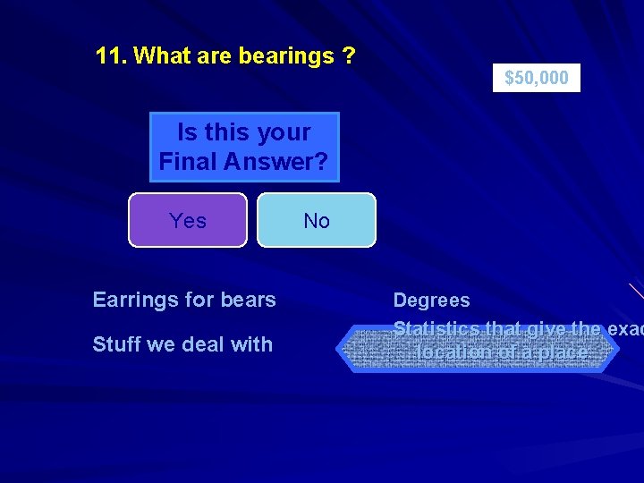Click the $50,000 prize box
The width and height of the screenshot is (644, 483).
click(x=537, y=78)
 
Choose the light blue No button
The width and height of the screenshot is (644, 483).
click(x=317, y=221)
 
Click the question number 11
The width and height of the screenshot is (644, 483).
click(x=112, y=56)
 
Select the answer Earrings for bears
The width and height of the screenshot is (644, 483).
click(x=184, y=300)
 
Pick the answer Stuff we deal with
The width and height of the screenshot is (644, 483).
click(x=182, y=343)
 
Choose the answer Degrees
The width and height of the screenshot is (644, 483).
click(x=431, y=301)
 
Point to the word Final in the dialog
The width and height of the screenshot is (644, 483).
click(x=186, y=162)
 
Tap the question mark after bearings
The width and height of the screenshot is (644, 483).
click(x=348, y=56)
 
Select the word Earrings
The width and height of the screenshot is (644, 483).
click(x=134, y=300)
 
